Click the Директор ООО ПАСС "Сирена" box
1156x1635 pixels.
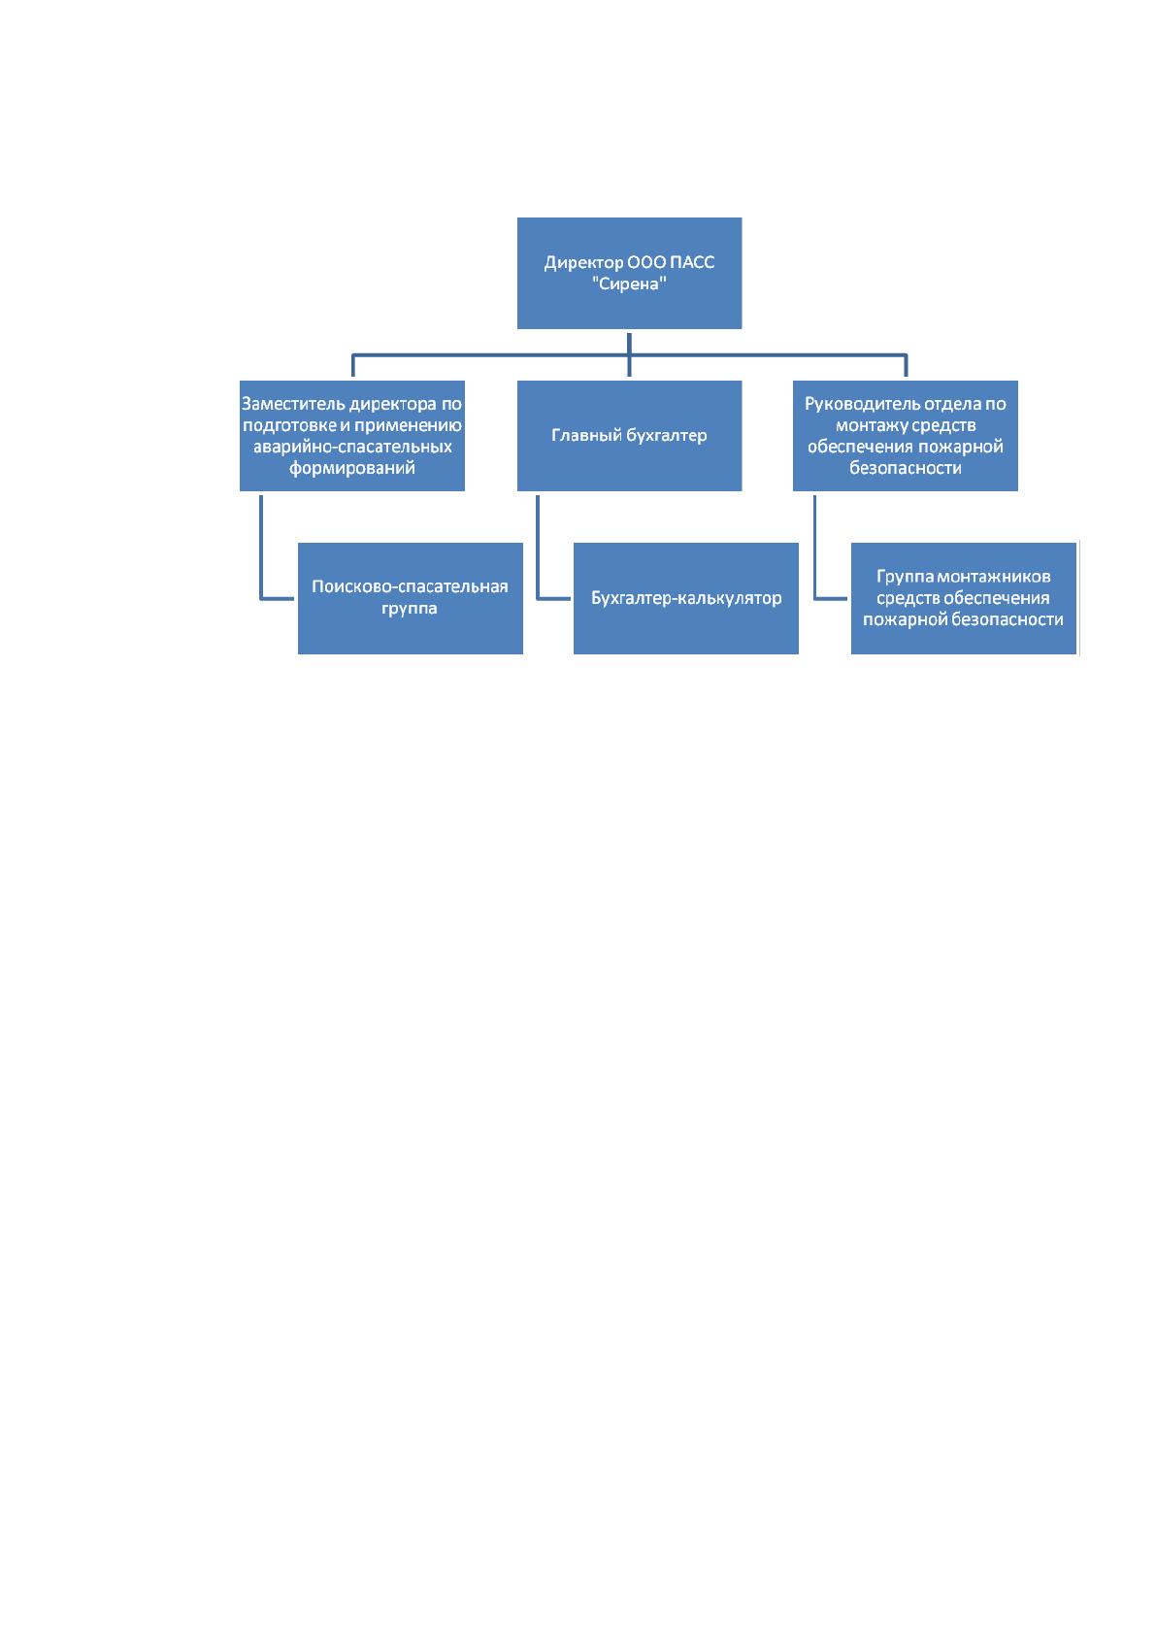pos(629,273)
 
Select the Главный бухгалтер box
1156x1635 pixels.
pos(629,436)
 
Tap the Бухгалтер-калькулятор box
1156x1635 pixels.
pos(686,598)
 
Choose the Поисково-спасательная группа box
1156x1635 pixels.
pos(411,598)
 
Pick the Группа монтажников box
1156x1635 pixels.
pos(963,598)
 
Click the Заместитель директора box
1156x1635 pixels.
pos(351,436)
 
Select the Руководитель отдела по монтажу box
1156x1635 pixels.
pos(905,436)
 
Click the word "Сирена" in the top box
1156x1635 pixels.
pos(629,284)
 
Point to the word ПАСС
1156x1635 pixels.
pos(692,262)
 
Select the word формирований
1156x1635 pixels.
pos(351,468)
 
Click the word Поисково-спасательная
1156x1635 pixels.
pos(410,586)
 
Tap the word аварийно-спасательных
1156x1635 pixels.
pos(352,447)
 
